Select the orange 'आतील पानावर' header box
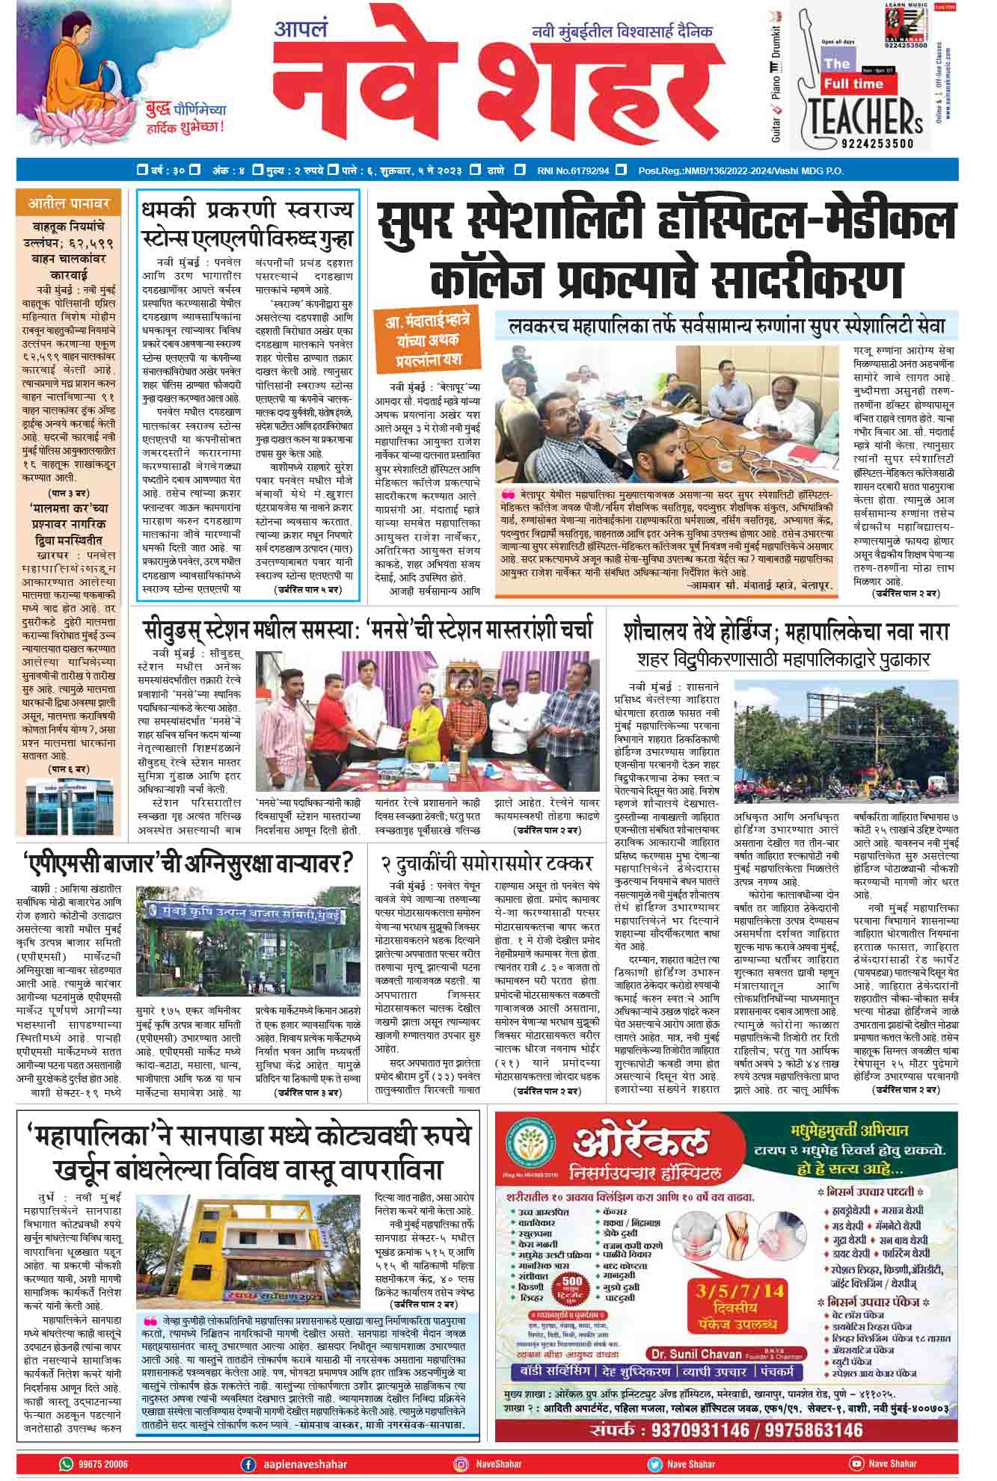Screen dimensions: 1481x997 [x=69, y=203]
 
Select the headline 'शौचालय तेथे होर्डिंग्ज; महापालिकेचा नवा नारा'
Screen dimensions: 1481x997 [x=786, y=632]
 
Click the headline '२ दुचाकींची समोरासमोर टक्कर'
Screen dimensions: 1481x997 [x=487, y=864]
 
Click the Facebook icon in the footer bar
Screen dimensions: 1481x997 [x=248, y=1464]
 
